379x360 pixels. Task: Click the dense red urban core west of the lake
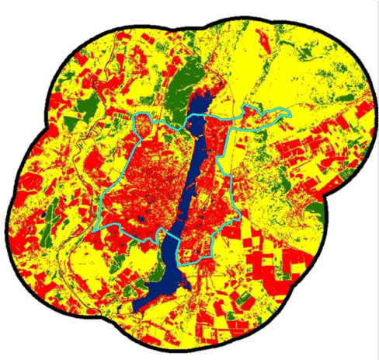(x=148, y=187)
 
